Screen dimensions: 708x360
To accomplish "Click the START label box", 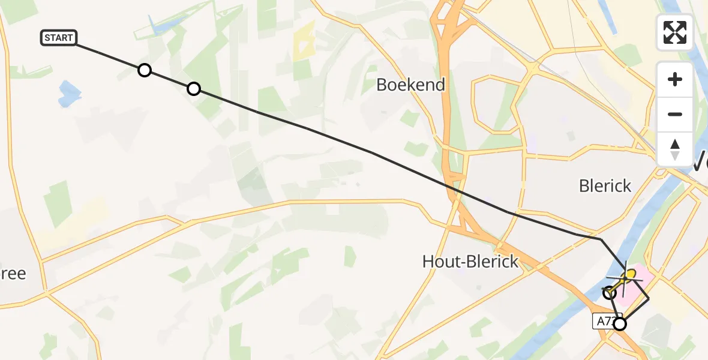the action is tap(58, 38).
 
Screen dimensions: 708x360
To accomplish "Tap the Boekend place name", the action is tap(410, 85).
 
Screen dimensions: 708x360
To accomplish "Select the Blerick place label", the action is tap(605, 185).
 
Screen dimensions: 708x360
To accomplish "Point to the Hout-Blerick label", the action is tap(470, 261).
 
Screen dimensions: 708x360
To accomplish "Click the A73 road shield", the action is tap(604, 322).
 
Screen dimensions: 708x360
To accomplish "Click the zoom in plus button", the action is tap(675, 79).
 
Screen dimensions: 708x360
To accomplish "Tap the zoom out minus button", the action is tap(675, 114).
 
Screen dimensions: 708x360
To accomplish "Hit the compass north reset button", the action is tap(675, 149).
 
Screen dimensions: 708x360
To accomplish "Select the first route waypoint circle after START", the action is tap(144, 70).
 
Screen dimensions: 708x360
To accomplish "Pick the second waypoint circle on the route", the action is tap(193, 89).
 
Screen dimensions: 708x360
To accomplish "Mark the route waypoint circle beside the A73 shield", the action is tap(619, 324).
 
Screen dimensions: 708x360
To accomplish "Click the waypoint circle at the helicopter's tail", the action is tap(610, 293).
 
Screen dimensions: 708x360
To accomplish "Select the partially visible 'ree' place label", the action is tap(13, 274).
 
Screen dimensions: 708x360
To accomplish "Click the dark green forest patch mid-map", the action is tap(255, 185).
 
